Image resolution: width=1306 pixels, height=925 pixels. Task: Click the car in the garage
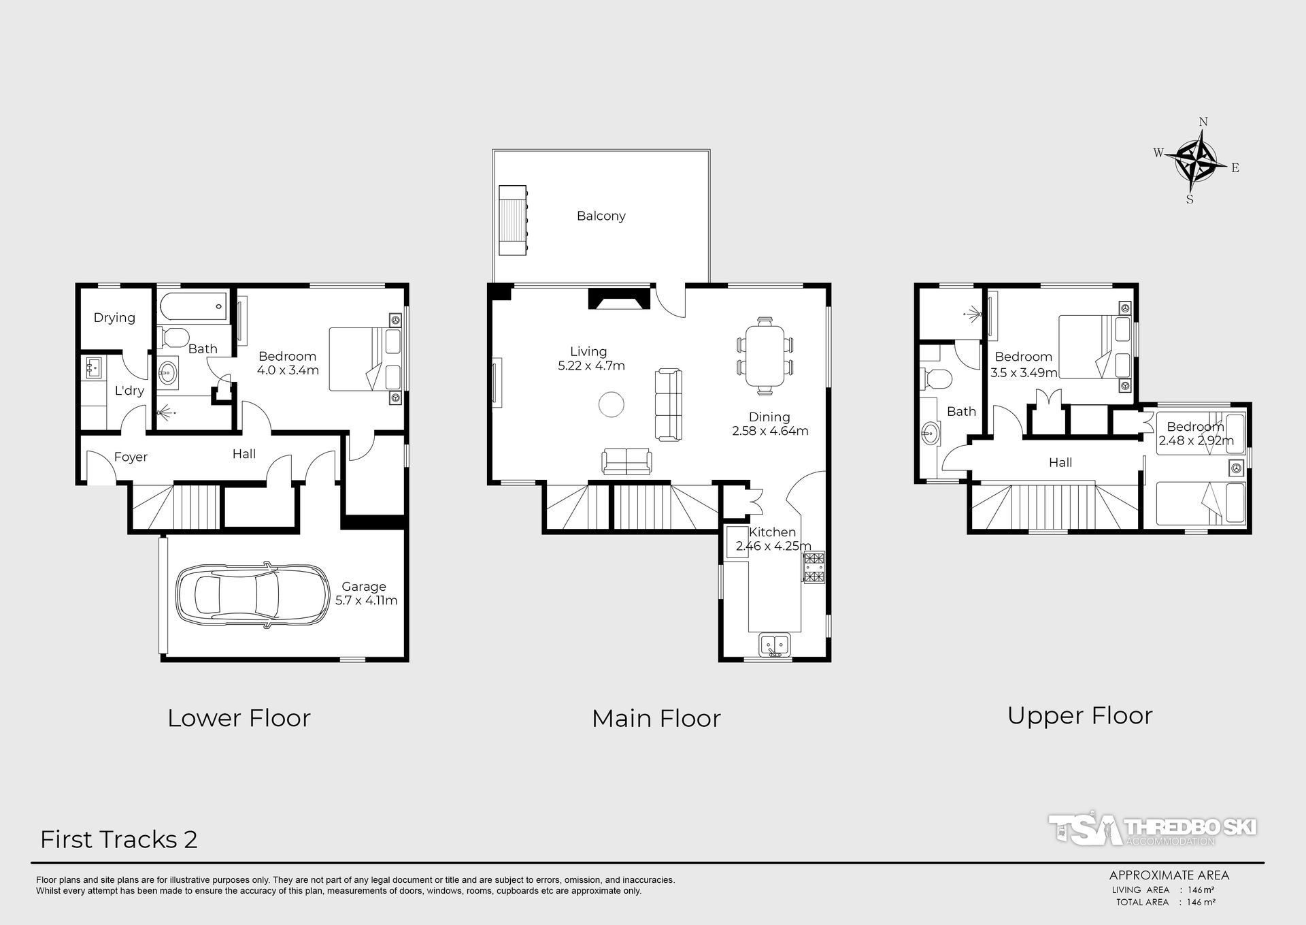252,594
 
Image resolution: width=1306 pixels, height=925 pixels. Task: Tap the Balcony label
601,216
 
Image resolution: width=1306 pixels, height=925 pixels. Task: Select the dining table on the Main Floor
765,356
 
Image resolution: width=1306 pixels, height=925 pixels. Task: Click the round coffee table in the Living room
611,404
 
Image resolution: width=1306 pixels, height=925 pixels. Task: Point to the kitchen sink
774,644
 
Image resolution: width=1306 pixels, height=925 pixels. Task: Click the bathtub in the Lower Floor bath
193,306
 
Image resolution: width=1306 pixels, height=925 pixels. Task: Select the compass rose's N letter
1203,122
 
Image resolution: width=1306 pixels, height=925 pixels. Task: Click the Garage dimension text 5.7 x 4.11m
366,600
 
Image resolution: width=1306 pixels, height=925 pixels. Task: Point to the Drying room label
114,318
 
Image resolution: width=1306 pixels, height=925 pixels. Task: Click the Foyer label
131,457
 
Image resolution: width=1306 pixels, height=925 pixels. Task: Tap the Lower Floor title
239,718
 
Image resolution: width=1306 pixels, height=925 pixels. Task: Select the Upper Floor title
1079,715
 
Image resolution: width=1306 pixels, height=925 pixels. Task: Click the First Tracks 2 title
119,839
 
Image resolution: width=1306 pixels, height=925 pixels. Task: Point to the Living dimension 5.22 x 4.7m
591,366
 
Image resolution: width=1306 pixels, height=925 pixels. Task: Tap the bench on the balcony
513,220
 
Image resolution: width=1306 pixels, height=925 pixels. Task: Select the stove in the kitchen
814,568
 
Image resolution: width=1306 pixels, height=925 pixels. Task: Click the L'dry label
129,391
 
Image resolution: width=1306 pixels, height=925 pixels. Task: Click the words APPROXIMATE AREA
1169,875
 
